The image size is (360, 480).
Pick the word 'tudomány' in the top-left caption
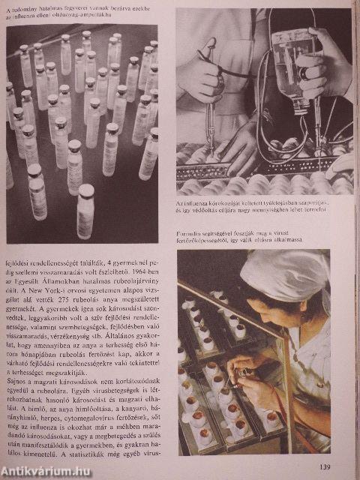[37, 8]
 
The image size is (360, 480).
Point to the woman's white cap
[285, 274]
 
